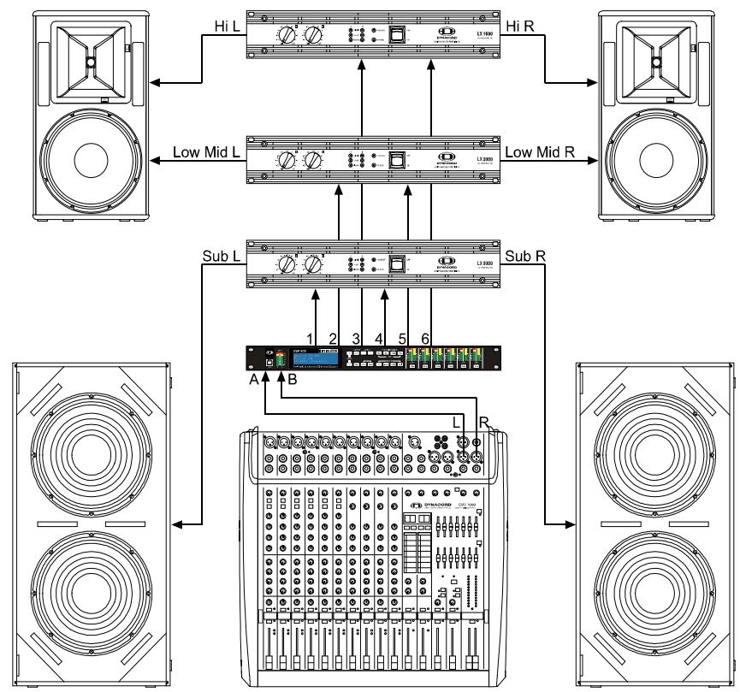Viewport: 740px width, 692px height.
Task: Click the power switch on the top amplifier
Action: [x=395, y=34]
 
